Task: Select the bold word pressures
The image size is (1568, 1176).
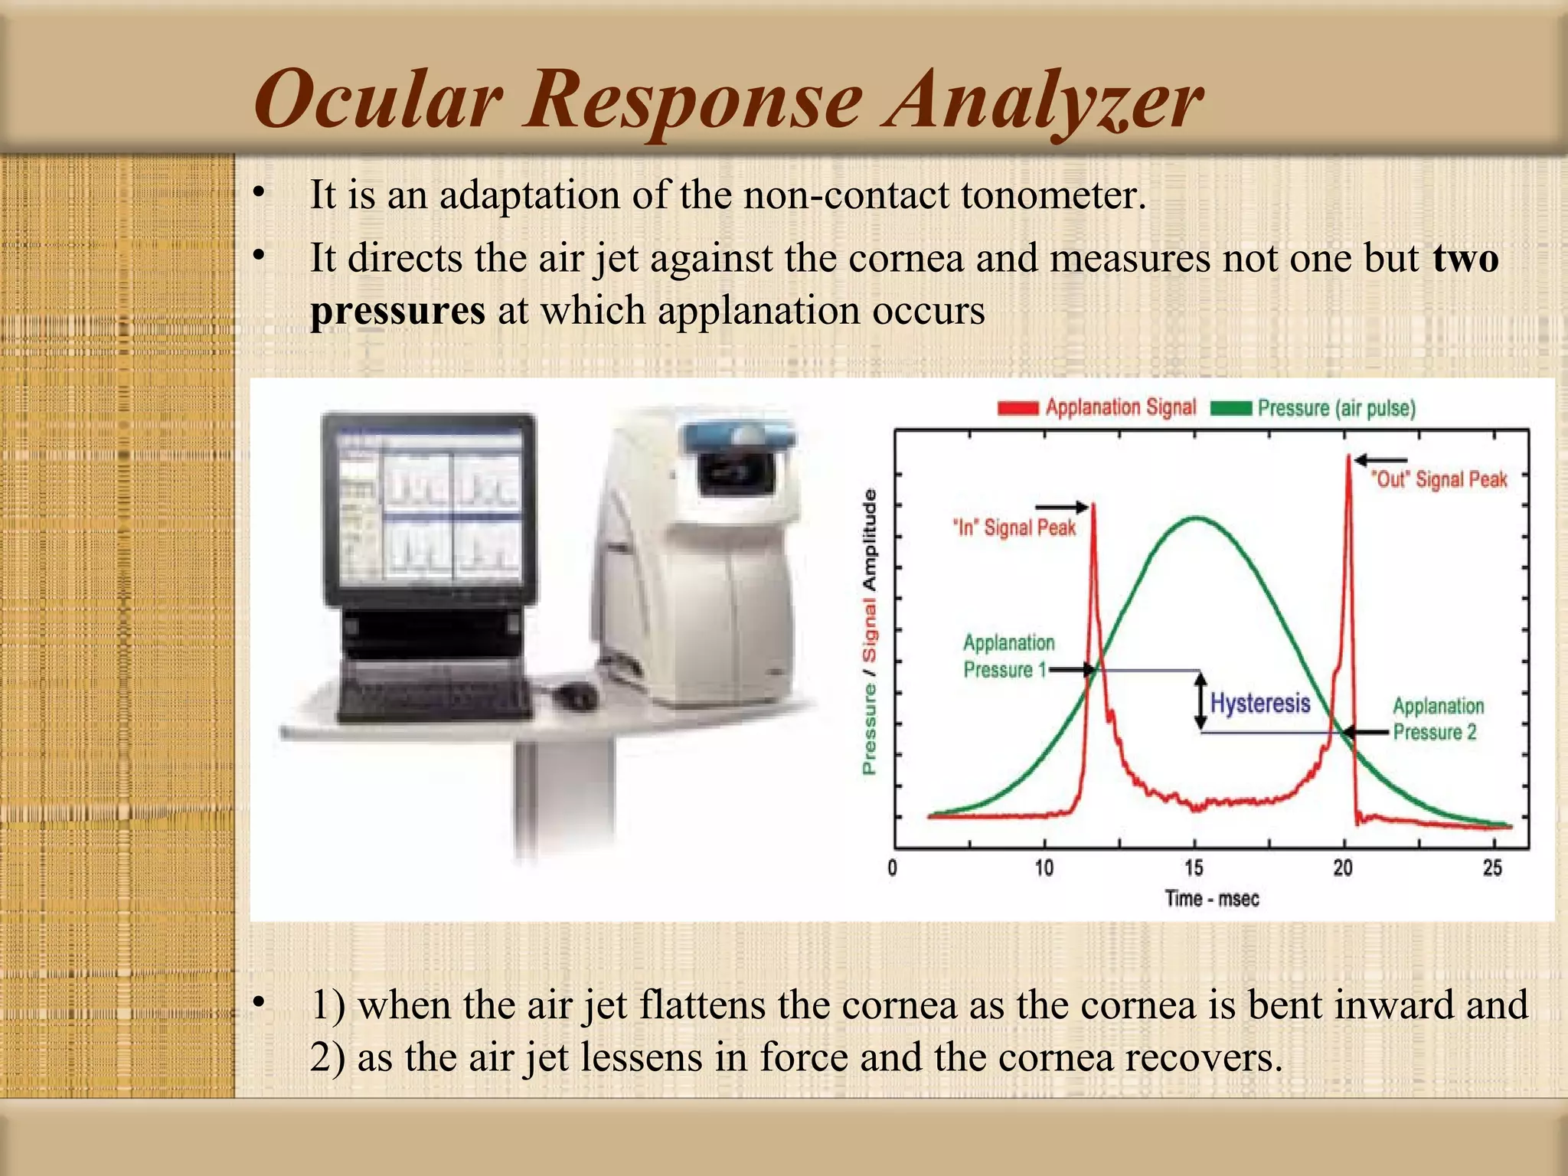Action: (397, 312)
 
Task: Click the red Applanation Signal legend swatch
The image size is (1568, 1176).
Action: (1018, 408)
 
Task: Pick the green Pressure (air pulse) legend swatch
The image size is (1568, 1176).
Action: (1231, 408)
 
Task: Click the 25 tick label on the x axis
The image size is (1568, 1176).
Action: (1492, 867)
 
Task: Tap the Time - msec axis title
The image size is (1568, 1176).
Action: (1212, 898)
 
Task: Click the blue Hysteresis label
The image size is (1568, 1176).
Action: (1260, 702)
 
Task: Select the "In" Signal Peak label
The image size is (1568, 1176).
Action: (1014, 528)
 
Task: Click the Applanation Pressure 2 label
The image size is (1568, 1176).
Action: (1438, 719)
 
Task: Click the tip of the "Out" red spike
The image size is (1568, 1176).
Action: (1348, 457)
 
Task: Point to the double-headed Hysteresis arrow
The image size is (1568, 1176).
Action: (1201, 701)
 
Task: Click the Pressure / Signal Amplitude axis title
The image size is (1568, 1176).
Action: (870, 632)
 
